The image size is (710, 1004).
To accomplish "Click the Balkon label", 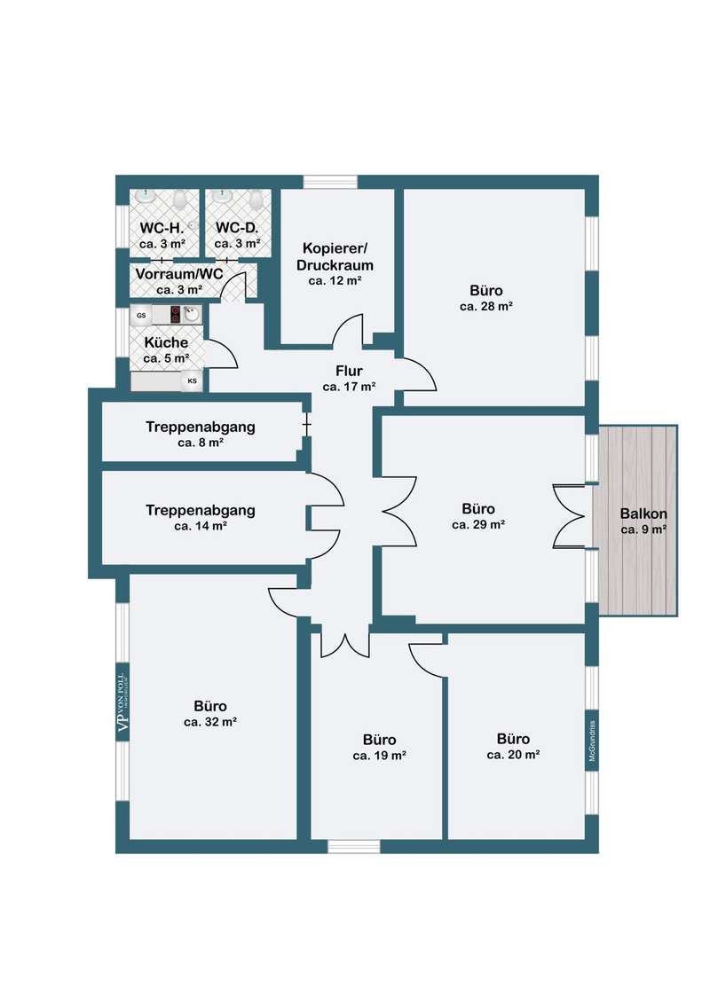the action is tap(643, 514).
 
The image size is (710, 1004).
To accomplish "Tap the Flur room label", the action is tap(350, 371).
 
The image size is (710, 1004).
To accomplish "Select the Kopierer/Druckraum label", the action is tap(335, 256).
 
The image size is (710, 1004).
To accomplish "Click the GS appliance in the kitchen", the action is tap(141, 315).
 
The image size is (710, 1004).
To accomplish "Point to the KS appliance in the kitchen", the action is tap(193, 381).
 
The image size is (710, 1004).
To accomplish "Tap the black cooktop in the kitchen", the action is tap(175, 314).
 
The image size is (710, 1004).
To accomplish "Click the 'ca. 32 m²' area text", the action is tap(210, 722).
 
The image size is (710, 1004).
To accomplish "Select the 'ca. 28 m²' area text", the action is tap(485, 307).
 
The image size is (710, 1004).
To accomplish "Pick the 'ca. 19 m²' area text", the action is tap(379, 757).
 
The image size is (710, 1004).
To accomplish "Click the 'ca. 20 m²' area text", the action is tap(513, 755).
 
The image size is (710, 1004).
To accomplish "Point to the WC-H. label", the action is tap(162, 228).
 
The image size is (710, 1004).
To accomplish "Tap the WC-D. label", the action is tap(237, 228).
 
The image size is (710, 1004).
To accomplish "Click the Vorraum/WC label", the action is tap(179, 274).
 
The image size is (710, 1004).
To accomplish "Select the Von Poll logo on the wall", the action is tap(122, 702).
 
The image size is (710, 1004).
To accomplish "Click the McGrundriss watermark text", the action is tap(593, 741).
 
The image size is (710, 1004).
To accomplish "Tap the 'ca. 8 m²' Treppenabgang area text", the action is tap(201, 443).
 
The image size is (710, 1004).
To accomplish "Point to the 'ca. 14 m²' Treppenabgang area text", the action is tap(201, 526).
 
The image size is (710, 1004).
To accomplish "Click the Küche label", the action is tap(166, 342).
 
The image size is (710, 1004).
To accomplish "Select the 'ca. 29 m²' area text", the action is tap(478, 525).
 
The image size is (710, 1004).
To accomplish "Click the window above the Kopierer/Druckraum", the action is tap(330, 182).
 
